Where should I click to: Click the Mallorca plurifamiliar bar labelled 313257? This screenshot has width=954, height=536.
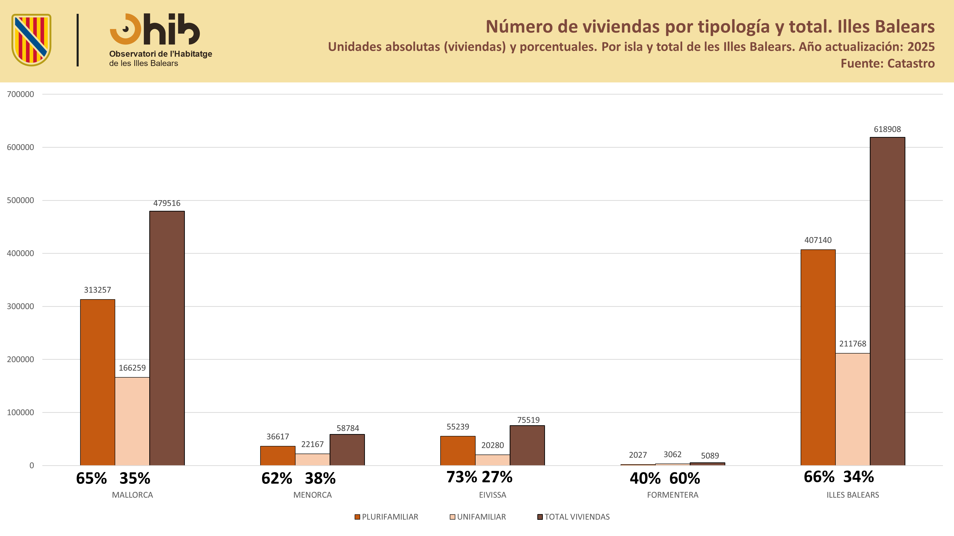tap(97, 382)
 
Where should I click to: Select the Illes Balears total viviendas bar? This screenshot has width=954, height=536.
tap(887, 301)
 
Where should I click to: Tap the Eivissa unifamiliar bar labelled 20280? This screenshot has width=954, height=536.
tap(493, 460)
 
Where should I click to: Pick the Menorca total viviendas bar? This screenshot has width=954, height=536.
tap(347, 450)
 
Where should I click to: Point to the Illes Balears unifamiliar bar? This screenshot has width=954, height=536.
tap(853, 409)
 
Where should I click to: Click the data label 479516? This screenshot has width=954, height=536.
tap(167, 203)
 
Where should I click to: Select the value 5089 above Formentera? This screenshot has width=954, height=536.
tap(710, 456)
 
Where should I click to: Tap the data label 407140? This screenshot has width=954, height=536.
tap(818, 240)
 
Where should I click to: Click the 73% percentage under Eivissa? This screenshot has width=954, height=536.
tap(461, 477)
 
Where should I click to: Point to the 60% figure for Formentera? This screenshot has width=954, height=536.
tap(685, 479)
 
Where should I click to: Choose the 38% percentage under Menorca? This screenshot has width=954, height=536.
tap(320, 479)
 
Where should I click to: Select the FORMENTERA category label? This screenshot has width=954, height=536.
tap(673, 495)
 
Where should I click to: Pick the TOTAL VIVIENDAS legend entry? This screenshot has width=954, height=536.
tap(573, 517)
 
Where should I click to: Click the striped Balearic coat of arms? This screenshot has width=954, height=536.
tap(31, 40)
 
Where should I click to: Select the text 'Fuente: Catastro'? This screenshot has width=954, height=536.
tap(887, 64)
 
